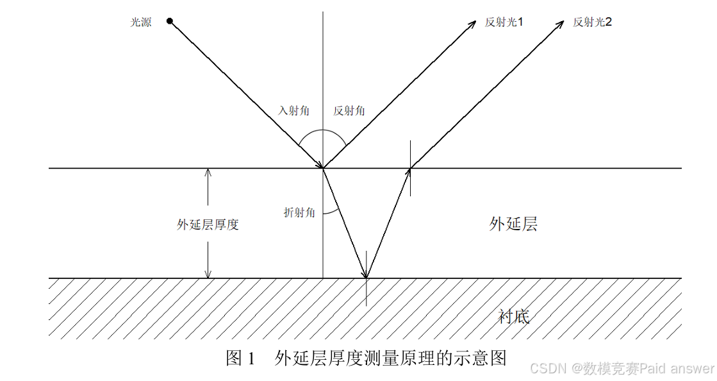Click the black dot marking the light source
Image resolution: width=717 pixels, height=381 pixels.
[x=170, y=21]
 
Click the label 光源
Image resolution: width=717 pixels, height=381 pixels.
[x=141, y=22]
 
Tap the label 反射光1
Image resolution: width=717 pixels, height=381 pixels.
[x=504, y=22]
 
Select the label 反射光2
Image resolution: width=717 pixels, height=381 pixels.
[x=592, y=22]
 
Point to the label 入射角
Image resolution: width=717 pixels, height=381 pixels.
[x=293, y=110]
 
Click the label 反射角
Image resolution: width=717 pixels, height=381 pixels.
[x=349, y=110]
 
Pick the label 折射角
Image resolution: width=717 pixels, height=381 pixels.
[x=299, y=212]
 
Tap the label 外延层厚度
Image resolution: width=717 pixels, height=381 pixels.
[x=208, y=224]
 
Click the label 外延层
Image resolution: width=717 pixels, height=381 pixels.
[x=513, y=224]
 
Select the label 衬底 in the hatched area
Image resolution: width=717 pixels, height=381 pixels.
[x=515, y=316]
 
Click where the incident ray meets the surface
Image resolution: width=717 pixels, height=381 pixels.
[x=323, y=168]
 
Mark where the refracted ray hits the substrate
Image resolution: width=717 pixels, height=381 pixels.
[x=366, y=278]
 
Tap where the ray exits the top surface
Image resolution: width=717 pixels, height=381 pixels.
[x=411, y=168]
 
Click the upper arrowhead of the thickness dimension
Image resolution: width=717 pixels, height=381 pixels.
[x=208, y=172]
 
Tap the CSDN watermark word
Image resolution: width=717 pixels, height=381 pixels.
[x=546, y=368]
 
